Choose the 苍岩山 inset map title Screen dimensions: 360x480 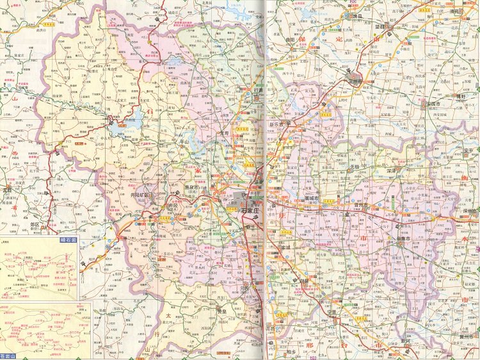tap(9, 355)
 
